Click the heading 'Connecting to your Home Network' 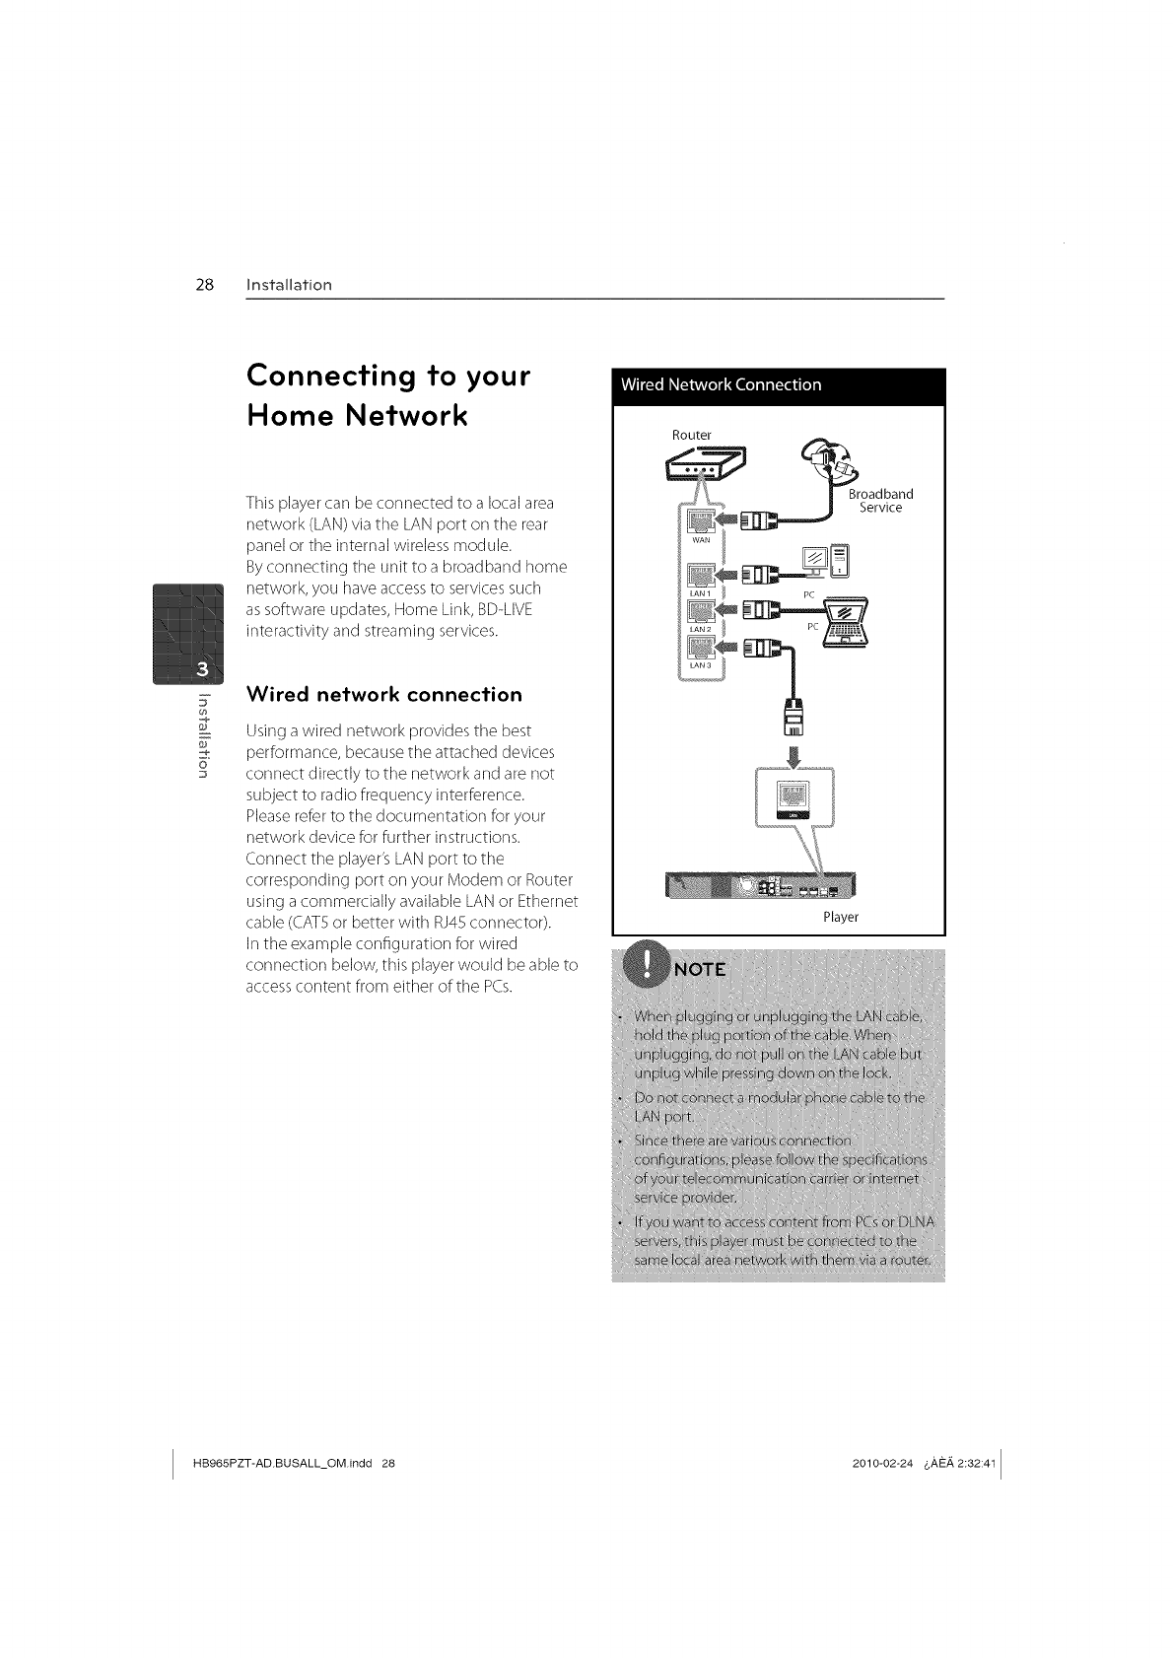coord(388,395)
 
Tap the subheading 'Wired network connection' coord(383,694)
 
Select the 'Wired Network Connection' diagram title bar coord(778,384)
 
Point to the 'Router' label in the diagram coord(691,435)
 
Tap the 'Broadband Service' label coord(880,501)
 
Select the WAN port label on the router coord(701,541)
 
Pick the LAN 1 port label coord(701,593)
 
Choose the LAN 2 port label coord(701,629)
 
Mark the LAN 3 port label coord(701,665)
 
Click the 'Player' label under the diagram coord(841,917)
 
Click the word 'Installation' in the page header coord(289,286)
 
